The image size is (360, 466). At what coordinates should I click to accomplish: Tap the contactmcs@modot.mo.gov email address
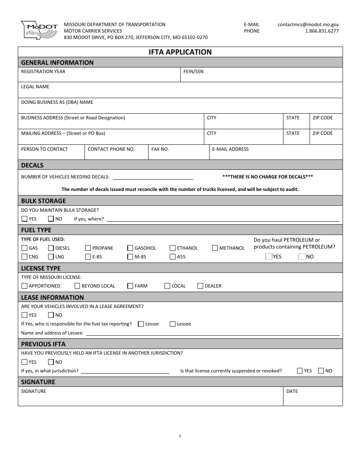308,24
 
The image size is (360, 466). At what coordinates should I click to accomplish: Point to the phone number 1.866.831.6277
322,31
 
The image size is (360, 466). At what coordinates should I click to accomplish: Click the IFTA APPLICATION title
180,52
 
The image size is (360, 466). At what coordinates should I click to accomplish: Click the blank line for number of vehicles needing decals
153,177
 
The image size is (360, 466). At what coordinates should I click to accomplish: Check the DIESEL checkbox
51,248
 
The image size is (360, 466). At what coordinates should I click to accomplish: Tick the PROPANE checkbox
88,248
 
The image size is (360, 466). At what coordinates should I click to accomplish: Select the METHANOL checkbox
215,248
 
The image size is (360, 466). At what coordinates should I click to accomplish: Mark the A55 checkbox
172,257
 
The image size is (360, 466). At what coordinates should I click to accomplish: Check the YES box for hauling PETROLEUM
269,256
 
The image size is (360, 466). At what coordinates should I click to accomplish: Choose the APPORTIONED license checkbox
25,286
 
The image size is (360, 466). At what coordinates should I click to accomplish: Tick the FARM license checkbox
130,286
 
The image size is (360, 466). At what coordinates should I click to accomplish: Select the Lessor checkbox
141,324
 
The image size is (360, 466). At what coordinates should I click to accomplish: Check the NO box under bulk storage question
51,219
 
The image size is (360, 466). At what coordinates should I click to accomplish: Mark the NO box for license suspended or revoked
321,371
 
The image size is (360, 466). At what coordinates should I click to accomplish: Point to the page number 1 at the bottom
180,436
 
